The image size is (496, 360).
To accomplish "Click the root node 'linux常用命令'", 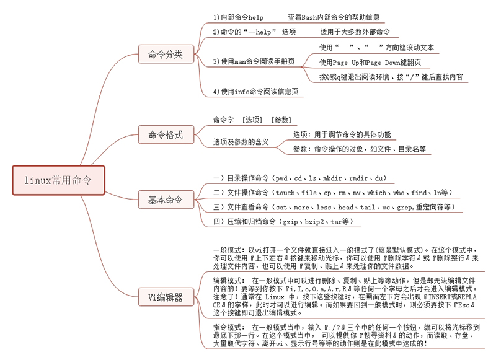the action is click(58, 180).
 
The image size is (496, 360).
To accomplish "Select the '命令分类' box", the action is click(166, 54).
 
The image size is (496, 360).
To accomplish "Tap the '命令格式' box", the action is click(166, 134).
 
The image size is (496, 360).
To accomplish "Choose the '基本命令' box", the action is click(166, 200).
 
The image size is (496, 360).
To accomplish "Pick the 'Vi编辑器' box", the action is click(166, 297).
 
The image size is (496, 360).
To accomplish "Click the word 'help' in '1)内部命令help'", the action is click(255, 18).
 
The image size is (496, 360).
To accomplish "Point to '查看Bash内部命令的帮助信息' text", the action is click(334, 17).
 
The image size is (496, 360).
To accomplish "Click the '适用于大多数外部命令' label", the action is click(355, 32).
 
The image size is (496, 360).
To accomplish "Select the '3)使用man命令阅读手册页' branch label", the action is click(254, 61).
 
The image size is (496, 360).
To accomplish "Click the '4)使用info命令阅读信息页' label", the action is click(255, 92).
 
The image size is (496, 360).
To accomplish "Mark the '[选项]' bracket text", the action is click(252, 120).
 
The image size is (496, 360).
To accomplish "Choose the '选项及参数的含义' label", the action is click(241, 143).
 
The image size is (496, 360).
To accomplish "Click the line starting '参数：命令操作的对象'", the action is click(360, 149).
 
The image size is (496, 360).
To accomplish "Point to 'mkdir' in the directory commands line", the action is click(332, 178).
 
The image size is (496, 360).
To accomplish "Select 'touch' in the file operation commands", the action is click(285, 193).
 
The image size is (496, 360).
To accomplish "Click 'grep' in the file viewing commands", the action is click(404, 208).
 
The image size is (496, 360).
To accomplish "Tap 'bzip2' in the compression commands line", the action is click(314, 222).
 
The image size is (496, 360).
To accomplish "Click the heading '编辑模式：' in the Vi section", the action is click(228, 280).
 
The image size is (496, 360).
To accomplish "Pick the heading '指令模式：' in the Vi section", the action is click(228, 327).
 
